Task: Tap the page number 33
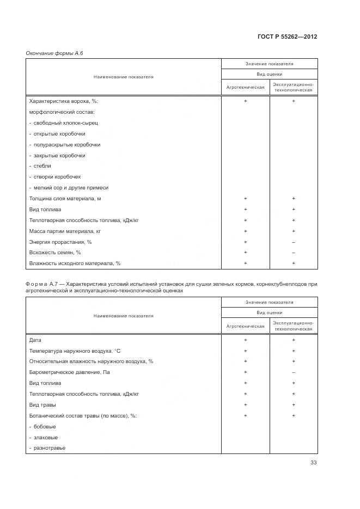pyautogui.click(x=313, y=463)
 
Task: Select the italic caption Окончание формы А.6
pyautogui.click(x=54, y=53)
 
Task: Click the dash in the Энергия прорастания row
pyautogui.click(x=294, y=242)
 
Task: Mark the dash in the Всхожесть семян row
pyautogui.click(x=294, y=253)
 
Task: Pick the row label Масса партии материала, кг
pyautogui.click(x=65, y=231)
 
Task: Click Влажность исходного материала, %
pyautogui.click(x=75, y=263)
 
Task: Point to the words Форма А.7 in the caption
pyautogui.click(x=41, y=284)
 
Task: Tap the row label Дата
pyautogui.click(x=35, y=340)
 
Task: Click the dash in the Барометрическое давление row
pyautogui.click(x=294, y=372)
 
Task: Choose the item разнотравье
pyautogui.click(x=48, y=448)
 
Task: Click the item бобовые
pyautogui.click(x=45, y=427)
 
